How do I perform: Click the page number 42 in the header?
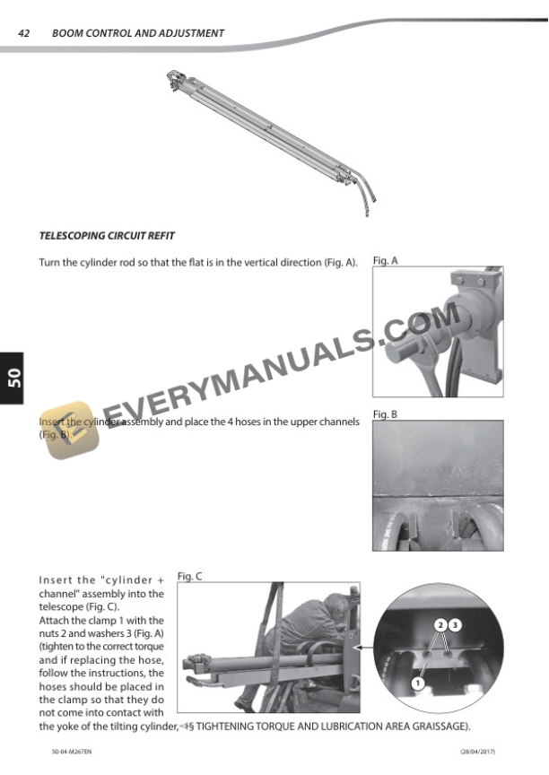tap(25, 33)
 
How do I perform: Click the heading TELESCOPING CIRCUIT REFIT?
tap(107, 236)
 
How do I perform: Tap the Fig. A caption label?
tap(386, 261)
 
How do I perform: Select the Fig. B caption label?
tap(385, 414)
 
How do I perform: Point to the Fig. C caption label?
tap(190, 576)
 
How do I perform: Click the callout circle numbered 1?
tap(417, 684)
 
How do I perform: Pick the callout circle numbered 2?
tap(440, 623)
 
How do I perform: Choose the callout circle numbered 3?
tap(455, 623)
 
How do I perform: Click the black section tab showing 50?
tap(13, 378)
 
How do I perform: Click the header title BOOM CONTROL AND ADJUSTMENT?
tap(138, 33)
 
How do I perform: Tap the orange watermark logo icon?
tap(64, 431)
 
